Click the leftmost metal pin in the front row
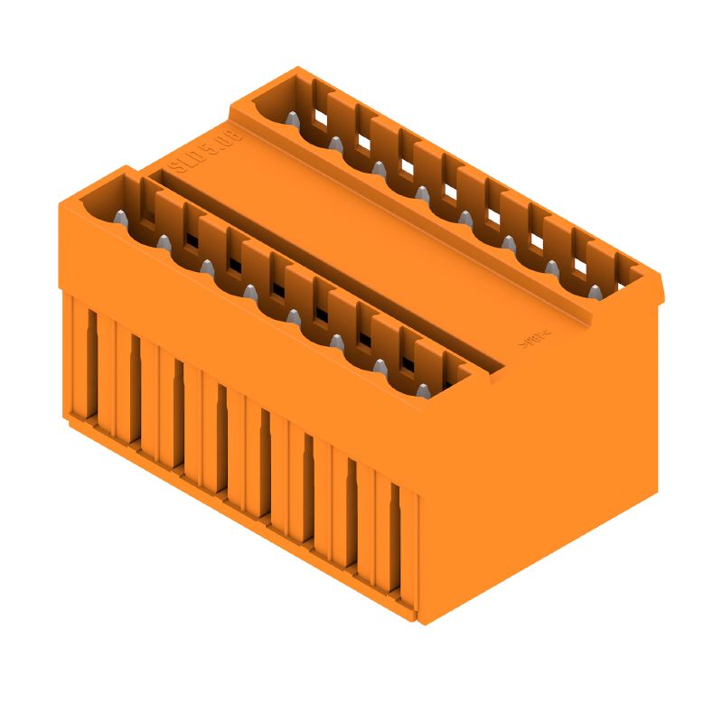click(120, 217)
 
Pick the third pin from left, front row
click(207, 267)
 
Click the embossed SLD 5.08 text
click(206, 153)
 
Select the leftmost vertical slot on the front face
click(91, 361)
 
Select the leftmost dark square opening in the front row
click(191, 241)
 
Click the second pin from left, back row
click(335, 143)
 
